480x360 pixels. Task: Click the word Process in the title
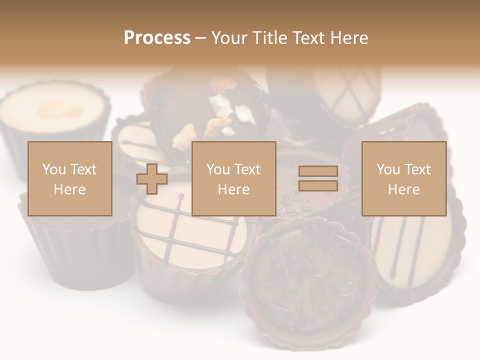157,38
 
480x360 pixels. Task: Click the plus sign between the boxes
152,179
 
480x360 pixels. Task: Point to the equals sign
318,179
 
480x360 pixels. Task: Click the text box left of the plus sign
70,179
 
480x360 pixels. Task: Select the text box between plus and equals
234,179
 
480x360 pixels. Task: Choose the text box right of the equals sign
404,179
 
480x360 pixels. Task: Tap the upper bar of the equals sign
318,171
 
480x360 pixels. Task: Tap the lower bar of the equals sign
318,186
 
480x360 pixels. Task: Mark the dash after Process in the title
200,38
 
